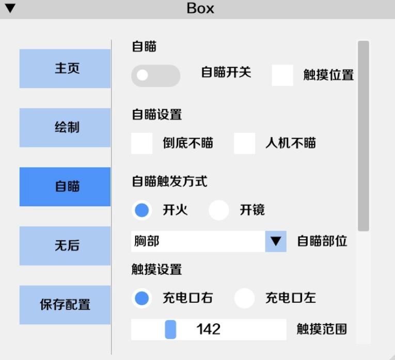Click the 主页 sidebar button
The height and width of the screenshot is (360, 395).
coord(65,69)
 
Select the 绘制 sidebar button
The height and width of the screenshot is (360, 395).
coord(65,127)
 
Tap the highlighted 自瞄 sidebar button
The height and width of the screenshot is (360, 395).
coord(65,187)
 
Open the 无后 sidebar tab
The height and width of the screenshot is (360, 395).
coord(65,246)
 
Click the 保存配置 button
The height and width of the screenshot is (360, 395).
coord(65,305)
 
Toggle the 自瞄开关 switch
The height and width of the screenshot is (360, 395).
coord(156,76)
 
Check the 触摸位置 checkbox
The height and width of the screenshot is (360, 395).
coord(282,75)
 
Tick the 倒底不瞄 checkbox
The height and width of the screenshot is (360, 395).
coord(142,143)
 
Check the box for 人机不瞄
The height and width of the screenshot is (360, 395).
coord(244,143)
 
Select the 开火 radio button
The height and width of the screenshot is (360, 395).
coord(142,210)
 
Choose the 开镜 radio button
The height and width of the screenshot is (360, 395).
coord(218,210)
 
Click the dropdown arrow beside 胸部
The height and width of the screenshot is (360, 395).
coord(276,241)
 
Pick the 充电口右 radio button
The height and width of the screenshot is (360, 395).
coord(142,298)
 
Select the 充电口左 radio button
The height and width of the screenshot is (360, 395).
coord(244,298)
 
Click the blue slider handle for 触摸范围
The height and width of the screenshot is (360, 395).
coord(170,330)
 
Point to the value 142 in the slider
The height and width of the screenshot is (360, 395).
coord(208,329)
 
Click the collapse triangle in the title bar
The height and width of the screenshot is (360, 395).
coord(10,8)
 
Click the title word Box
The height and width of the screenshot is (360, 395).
coord(200,8)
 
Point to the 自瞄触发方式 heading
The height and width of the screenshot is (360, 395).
coord(169,182)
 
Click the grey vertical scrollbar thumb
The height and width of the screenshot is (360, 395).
coord(364,136)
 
